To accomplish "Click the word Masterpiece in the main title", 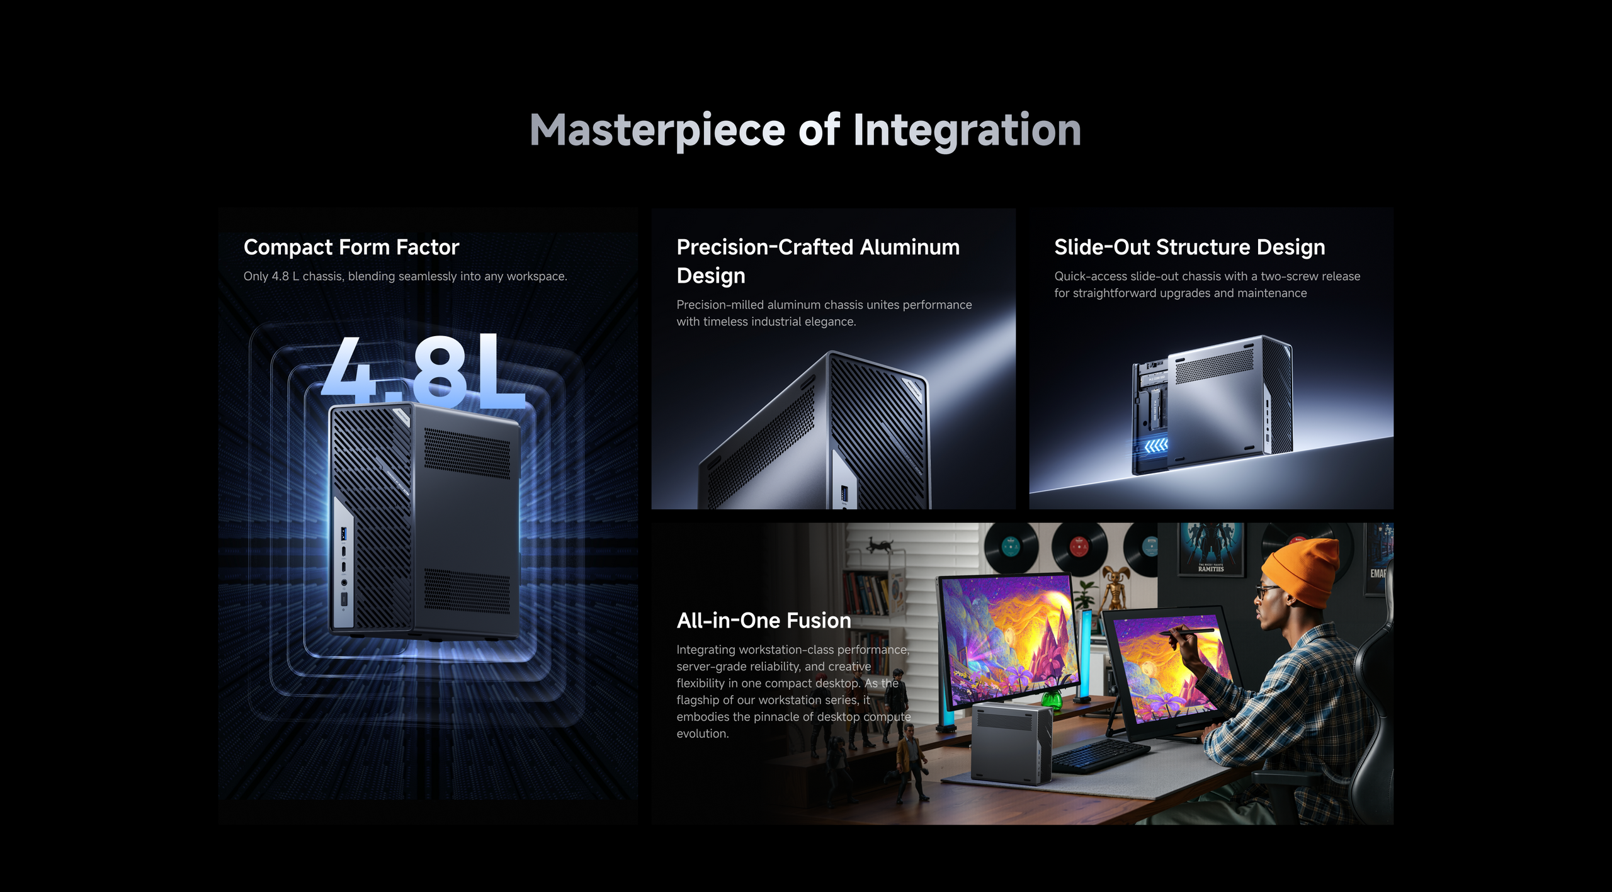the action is click(657, 131).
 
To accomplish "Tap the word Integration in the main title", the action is click(967, 131).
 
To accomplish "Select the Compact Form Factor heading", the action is click(351, 247).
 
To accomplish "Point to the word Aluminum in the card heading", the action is click(910, 247).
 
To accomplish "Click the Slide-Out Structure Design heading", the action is click(1189, 247).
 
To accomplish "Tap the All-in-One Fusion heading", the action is click(764, 621).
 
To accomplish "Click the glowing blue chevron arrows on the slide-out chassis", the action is click(1155, 446).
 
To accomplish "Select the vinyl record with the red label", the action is click(1079, 547).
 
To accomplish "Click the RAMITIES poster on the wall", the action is click(1211, 550).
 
